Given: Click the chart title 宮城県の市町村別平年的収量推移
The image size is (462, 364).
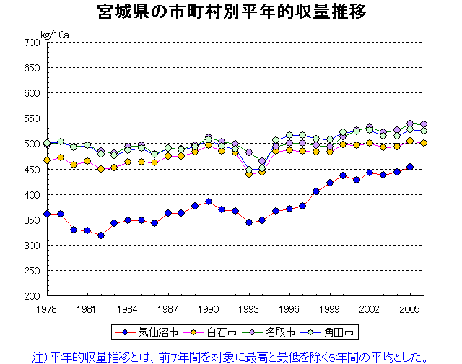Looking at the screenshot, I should (x=231, y=12).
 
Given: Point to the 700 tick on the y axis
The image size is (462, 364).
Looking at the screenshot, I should (x=30, y=43).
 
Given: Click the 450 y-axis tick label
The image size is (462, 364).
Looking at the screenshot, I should (x=30, y=169).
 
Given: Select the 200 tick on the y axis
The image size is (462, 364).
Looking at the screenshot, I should (x=30, y=296).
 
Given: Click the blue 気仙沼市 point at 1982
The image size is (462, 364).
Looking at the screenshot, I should (x=101, y=235).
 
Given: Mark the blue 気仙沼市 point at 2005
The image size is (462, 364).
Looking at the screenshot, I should (x=410, y=167).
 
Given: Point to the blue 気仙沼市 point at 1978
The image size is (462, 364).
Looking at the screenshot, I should (x=47, y=214).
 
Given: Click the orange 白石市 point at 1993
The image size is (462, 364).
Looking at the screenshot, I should (x=249, y=174).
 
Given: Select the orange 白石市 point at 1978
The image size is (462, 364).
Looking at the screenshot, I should (x=47, y=160).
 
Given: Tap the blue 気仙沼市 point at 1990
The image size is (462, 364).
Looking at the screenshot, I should (x=209, y=201).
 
